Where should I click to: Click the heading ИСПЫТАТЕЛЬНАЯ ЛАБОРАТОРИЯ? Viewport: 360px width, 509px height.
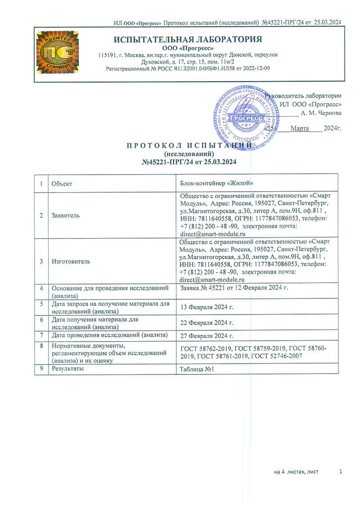click(x=188, y=39)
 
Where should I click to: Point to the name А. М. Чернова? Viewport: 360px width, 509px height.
click(x=321, y=113)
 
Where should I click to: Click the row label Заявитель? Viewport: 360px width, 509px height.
click(x=66, y=216)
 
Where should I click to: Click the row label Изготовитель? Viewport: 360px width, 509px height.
click(x=71, y=261)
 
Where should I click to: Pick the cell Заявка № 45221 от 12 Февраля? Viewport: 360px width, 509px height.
click(x=234, y=287)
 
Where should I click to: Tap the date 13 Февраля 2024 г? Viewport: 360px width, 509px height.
click(x=207, y=307)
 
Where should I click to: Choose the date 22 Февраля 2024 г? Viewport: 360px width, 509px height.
click(x=207, y=323)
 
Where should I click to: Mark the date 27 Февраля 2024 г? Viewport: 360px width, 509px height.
click(x=207, y=336)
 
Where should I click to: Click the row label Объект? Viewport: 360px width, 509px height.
click(x=62, y=184)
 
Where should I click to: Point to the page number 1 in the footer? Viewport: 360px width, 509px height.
click(x=341, y=471)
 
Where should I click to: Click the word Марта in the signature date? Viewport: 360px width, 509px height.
click(x=299, y=129)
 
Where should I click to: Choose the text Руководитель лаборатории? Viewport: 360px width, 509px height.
click(x=303, y=95)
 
